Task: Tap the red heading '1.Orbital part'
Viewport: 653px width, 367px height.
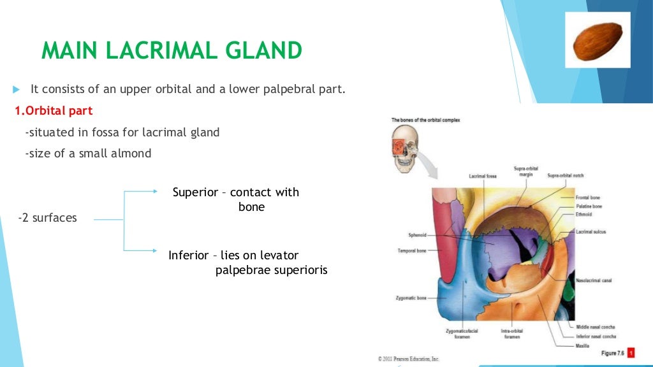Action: click(x=54, y=111)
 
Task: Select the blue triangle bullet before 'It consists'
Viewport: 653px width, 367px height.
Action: click(x=17, y=89)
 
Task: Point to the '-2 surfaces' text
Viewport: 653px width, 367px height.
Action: click(x=47, y=218)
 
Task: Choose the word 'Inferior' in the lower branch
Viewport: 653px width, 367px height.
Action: click(x=188, y=255)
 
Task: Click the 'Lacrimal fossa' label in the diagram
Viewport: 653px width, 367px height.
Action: click(x=483, y=175)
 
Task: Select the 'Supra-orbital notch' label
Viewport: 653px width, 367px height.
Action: click(x=565, y=175)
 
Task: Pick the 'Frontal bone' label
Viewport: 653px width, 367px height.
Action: click(x=587, y=198)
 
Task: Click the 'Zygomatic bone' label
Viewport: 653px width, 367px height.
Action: click(x=411, y=298)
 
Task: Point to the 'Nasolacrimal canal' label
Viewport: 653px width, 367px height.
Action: click(x=594, y=280)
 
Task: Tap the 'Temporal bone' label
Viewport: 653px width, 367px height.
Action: click(x=412, y=251)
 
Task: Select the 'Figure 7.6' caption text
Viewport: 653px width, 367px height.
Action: click(x=613, y=353)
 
